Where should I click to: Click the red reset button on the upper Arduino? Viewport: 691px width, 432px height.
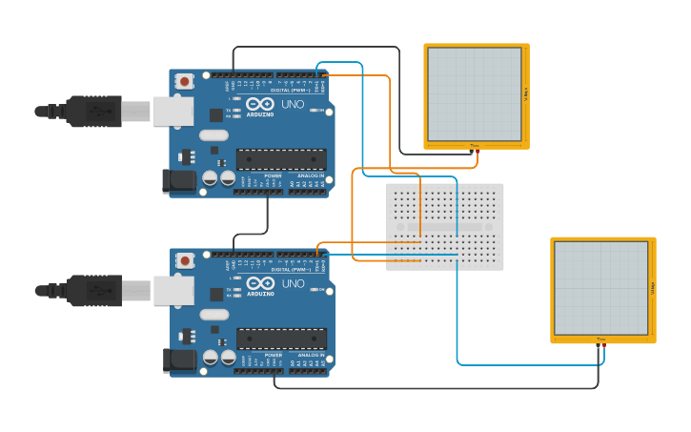click(x=184, y=82)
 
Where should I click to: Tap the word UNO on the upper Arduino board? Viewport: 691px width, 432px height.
click(x=292, y=104)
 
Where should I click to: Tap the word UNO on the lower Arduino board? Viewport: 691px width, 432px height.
click(x=293, y=283)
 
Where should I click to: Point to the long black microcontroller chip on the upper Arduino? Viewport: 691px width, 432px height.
click(x=281, y=159)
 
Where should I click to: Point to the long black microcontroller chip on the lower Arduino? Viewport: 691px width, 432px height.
click(x=281, y=339)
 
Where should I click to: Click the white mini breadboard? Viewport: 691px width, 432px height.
click(x=445, y=227)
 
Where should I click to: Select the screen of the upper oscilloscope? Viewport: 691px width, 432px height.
click(x=475, y=93)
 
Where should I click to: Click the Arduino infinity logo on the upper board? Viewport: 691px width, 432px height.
click(x=260, y=103)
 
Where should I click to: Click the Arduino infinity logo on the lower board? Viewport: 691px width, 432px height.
click(x=260, y=282)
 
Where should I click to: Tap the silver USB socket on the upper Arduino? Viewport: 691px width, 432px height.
click(x=173, y=112)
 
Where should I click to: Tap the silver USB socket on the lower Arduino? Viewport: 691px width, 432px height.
click(x=173, y=291)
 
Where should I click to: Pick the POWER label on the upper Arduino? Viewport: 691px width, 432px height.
click(x=273, y=176)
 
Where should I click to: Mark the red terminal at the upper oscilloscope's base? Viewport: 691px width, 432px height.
click(x=478, y=151)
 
